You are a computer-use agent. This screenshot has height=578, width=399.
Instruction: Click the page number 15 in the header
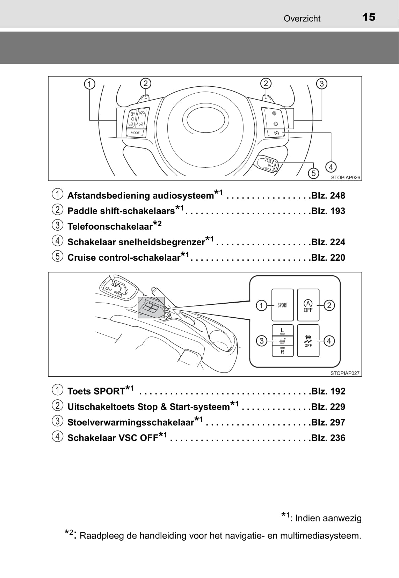click(x=369, y=17)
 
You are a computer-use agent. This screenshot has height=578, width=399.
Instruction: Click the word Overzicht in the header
click(x=302, y=19)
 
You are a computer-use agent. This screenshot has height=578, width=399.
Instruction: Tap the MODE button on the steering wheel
click(x=135, y=133)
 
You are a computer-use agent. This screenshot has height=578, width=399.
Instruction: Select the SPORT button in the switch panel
click(x=283, y=305)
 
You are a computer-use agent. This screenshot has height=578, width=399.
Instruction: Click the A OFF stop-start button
click(x=308, y=305)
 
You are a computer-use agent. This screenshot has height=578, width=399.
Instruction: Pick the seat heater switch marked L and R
click(x=283, y=341)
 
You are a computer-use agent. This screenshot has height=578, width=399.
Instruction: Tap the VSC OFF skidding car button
click(x=308, y=341)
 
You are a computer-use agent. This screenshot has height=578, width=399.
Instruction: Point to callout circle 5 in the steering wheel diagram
click(x=313, y=173)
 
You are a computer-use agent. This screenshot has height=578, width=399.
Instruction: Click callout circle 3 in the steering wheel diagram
click(x=321, y=84)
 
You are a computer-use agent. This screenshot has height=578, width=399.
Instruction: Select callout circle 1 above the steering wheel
click(x=90, y=84)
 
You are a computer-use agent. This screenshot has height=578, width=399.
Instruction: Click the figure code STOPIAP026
click(x=345, y=178)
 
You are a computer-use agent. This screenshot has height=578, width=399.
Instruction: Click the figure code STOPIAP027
click(x=345, y=373)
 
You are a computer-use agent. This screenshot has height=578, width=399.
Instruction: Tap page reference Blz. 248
click(x=328, y=196)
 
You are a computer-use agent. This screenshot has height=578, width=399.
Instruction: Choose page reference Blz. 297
click(x=328, y=422)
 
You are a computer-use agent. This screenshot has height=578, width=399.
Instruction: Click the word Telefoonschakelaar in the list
click(x=110, y=226)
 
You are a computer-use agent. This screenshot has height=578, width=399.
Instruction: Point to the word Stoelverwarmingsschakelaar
click(x=130, y=422)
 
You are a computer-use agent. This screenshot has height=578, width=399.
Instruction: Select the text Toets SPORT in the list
click(x=96, y=391)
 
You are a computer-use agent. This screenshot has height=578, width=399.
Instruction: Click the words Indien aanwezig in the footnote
click(x=328, y=518)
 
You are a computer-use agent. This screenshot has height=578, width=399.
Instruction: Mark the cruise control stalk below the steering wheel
click(x=268, y=164)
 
